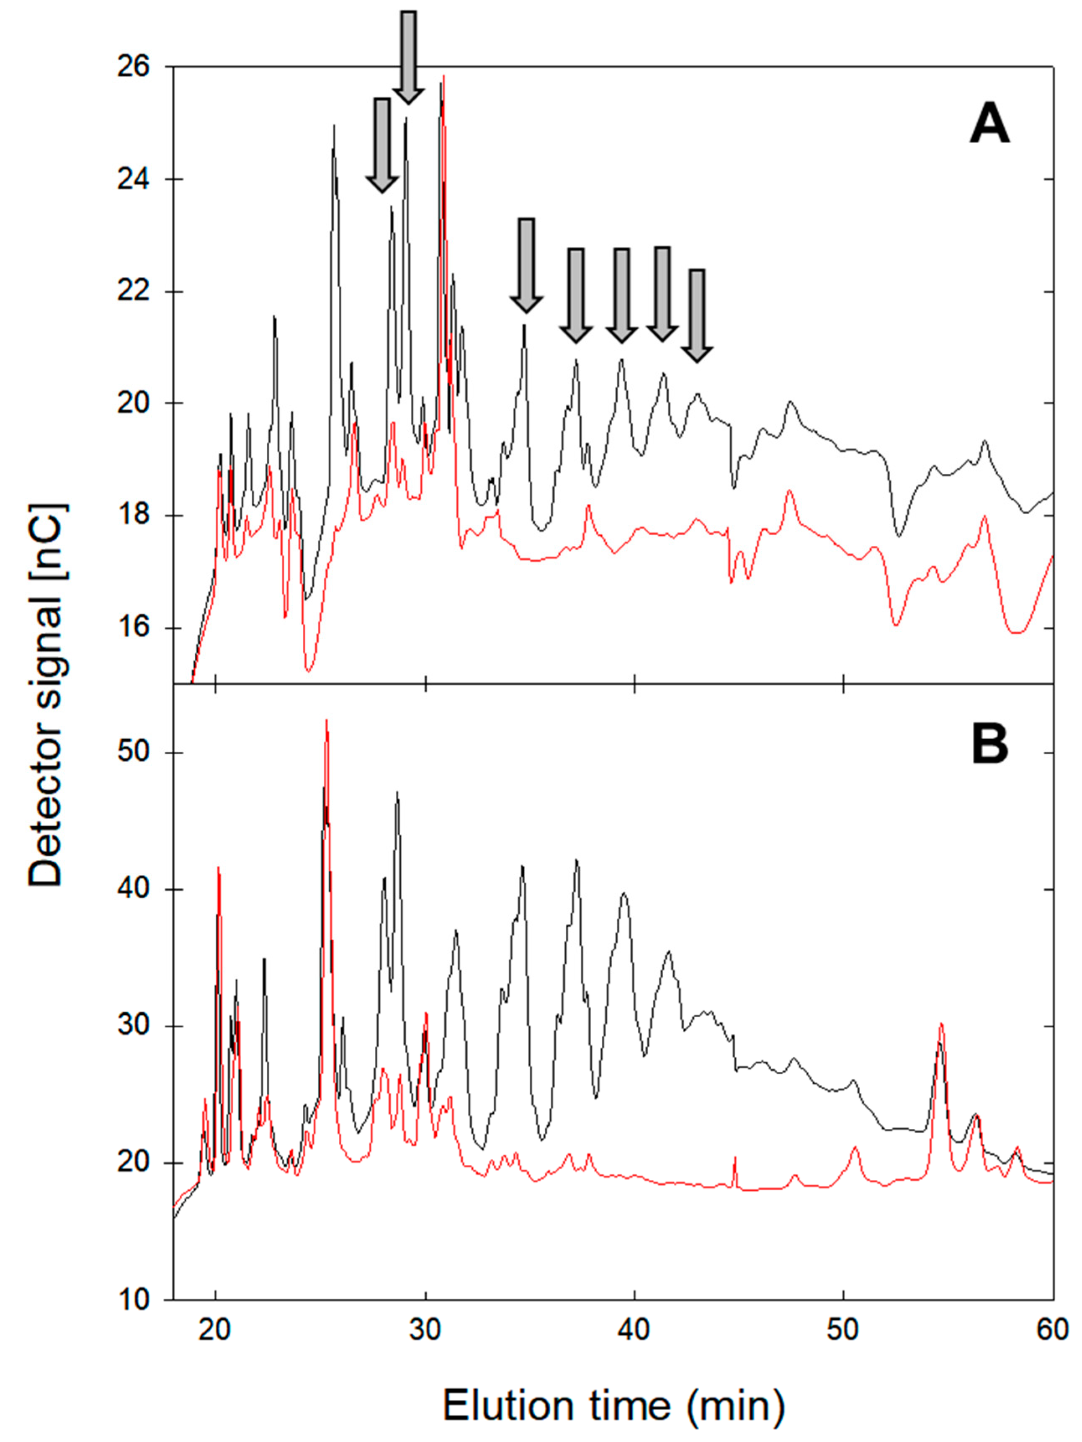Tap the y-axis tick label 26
133,67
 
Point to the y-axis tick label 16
133,628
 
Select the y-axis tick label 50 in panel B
133,752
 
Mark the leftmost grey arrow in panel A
381,145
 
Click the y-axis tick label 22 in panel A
133,291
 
